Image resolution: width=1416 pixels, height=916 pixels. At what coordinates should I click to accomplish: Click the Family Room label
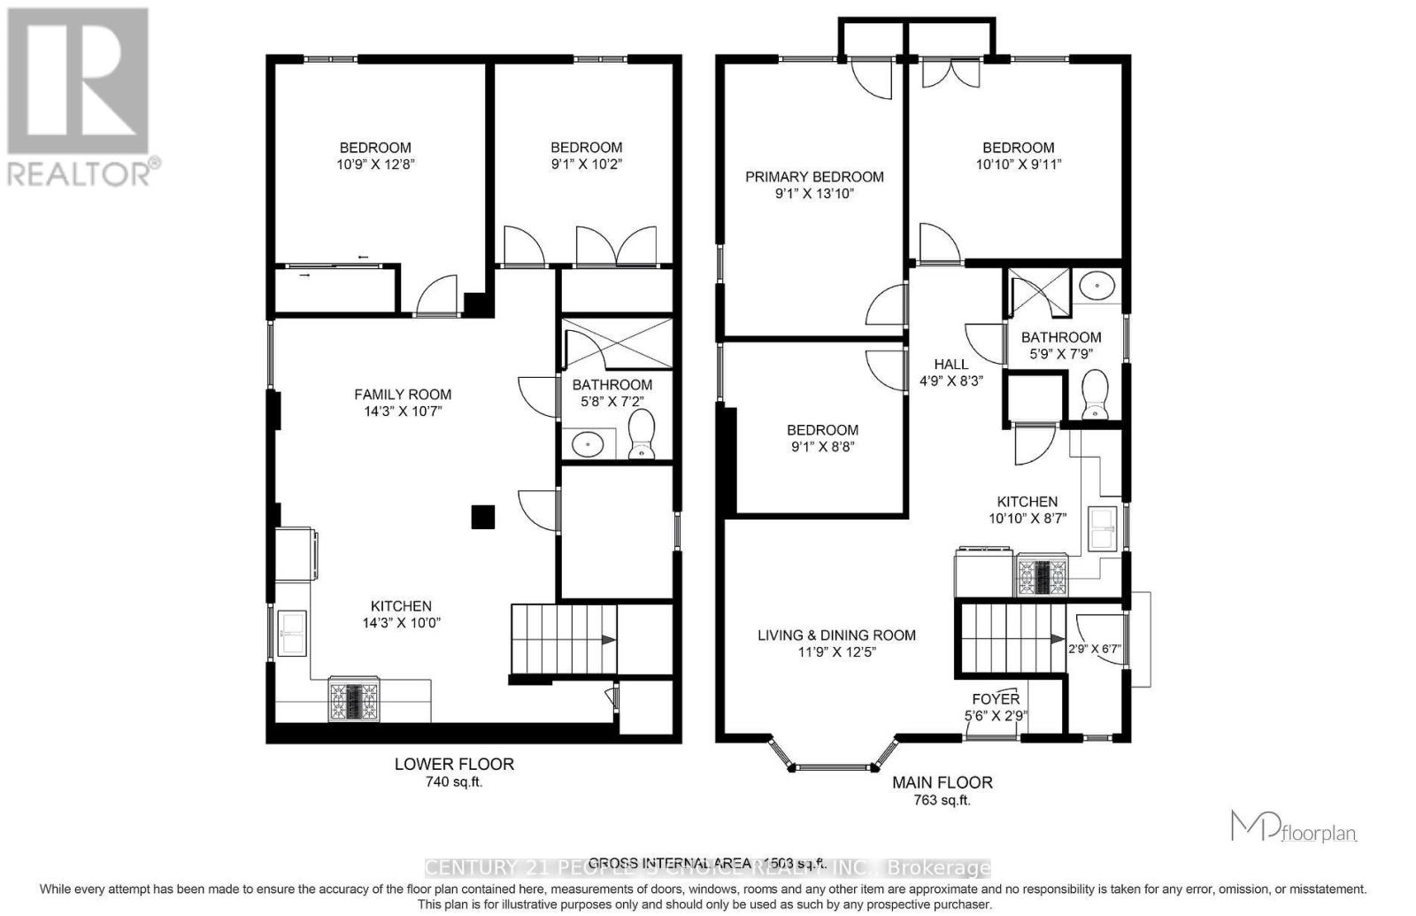pos(403,395)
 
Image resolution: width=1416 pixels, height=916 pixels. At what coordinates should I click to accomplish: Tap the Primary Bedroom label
pos(814,177)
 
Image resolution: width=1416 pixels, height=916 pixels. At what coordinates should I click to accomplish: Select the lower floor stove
pos(354,699)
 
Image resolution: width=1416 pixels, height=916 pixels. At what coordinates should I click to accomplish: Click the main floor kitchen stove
pos(1042,575)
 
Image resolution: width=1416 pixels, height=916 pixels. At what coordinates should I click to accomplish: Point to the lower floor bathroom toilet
pos(641,436)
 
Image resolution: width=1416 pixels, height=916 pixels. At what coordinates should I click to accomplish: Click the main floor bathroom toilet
pos(1096,395)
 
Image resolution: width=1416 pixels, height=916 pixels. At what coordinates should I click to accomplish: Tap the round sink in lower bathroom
pos(588,443)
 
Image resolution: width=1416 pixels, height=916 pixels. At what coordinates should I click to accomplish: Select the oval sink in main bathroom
pos(1098,286)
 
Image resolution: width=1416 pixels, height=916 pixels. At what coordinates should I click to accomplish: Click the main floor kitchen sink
pos(1103,529)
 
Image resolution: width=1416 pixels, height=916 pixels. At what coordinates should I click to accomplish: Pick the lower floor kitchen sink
pos(292,633)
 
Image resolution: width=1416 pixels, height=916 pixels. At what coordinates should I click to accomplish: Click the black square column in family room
pos(482,517)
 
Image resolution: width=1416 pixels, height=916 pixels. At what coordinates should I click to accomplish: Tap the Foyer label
pos(996,699)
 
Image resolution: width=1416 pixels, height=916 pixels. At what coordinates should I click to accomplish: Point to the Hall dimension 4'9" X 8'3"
pos(951,381)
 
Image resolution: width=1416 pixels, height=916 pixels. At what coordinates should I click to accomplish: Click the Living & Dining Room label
pos(836,635)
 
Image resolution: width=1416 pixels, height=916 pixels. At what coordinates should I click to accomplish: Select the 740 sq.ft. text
pos(454,782)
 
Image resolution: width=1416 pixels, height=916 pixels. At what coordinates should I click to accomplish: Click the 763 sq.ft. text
pos(942,801)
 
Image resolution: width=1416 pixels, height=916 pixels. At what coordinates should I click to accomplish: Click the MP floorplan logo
pos(1294,827)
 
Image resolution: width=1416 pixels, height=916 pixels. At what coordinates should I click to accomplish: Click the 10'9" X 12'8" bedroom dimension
pos(375,164)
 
